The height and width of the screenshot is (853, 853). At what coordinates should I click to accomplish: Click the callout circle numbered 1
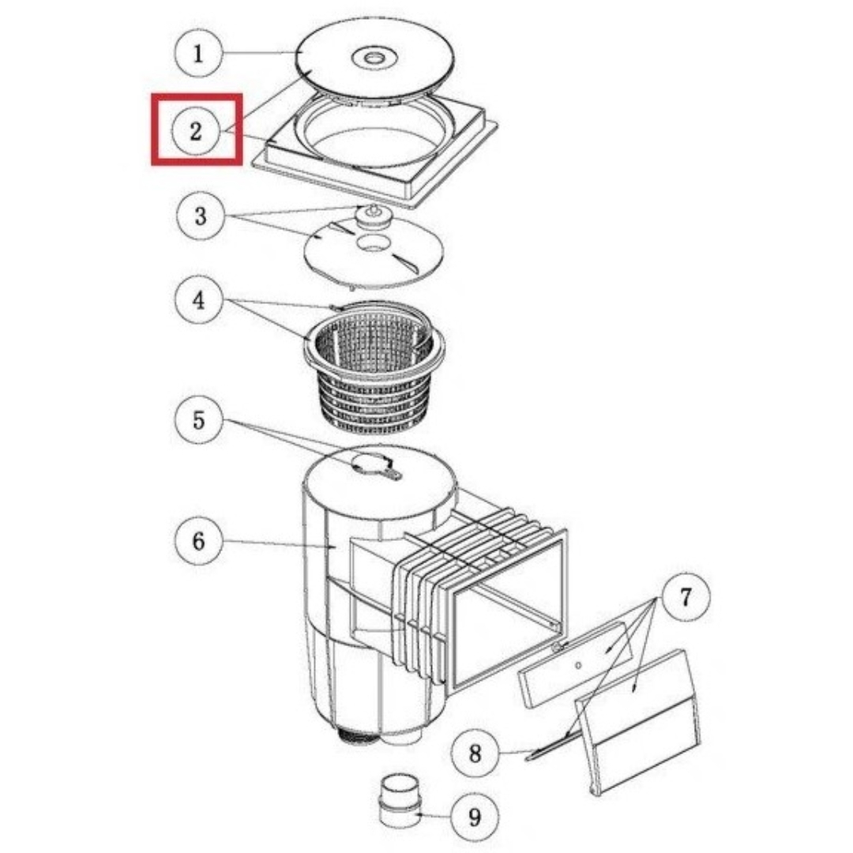[x=198, y=54]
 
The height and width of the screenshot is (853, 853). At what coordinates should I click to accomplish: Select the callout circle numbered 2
[x=196, y=131]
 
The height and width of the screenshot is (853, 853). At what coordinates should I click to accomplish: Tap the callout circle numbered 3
[x=200, y=216]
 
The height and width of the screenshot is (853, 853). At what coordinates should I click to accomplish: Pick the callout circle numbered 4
[x=198, y=300]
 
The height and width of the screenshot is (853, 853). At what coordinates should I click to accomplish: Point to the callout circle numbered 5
[x=198, y=420]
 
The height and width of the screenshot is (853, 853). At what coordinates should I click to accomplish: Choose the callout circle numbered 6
[x=198, y=541]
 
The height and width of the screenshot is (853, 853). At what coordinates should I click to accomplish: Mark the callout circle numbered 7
[x=686, y=597]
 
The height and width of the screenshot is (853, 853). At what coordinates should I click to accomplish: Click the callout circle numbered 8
[x=475, y=753]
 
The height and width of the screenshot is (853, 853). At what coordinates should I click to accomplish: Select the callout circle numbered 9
[x=475, y=817]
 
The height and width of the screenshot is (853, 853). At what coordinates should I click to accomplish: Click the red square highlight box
[x=197, y=129]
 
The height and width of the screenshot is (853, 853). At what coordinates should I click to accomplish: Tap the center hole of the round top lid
[x=375, y=57]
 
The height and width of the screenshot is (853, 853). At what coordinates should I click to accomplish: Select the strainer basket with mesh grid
[x=374, y=368]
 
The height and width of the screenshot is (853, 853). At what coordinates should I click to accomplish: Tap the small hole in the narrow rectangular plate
[x=577, y=665]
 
